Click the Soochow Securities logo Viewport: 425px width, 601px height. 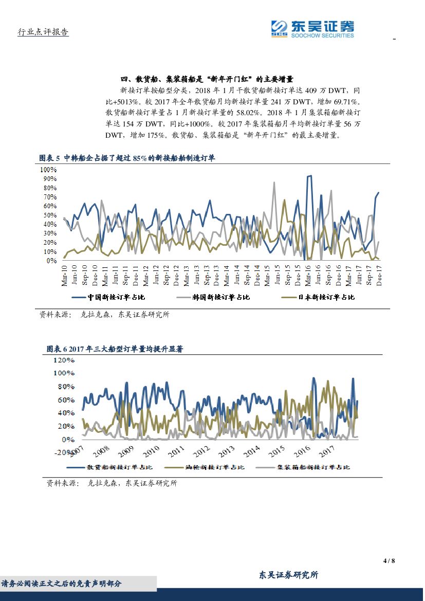(x=312, y=28)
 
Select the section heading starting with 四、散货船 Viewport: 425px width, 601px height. (x=206, y=79)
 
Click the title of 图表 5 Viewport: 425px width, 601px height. (x=127, y=158)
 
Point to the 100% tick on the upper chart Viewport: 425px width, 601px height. (x=48, y=170)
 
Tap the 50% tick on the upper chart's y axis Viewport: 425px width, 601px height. (x=49, y=215)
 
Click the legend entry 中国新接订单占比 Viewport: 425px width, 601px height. (x=112, y=297)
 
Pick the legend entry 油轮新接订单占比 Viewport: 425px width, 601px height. (x=214, y=467)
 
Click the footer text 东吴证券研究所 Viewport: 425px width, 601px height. (x=288, y=575)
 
